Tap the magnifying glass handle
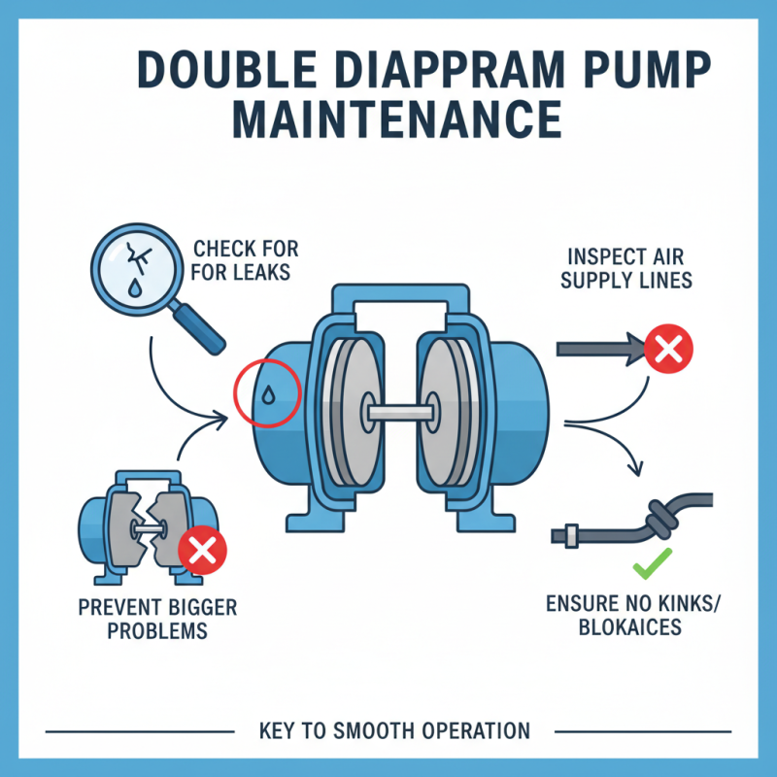point(198,326)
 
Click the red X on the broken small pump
point(202,552)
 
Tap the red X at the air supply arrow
point(667,351)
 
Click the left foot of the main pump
point(308,515)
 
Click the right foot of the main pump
point(477,515)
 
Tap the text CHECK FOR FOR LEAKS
point(240,260)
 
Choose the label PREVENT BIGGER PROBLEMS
point(157,619)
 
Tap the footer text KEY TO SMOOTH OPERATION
point(394,730)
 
